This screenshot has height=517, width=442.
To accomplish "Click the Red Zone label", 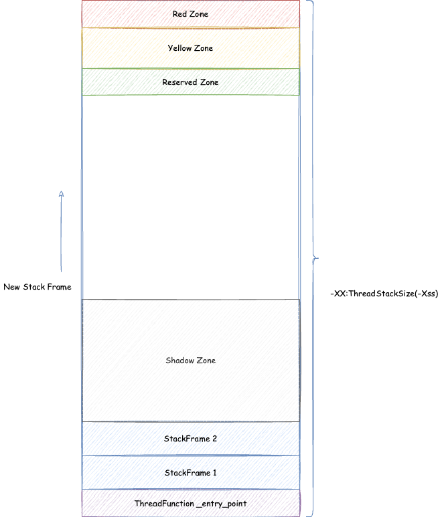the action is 190,14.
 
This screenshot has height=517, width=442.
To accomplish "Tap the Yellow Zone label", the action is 190,48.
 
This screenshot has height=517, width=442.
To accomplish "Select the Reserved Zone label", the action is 190,82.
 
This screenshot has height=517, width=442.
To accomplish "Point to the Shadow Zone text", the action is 190,360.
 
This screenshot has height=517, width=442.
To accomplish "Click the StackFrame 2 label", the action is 190,439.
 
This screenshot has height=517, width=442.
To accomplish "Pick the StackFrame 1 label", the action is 190,473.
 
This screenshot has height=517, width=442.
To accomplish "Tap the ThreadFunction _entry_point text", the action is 190,504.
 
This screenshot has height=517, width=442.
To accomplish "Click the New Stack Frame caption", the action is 38,287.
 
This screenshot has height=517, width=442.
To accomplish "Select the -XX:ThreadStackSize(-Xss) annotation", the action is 384,294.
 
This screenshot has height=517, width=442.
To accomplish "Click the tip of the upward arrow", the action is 61,191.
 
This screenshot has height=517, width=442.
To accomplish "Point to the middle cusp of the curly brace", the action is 318,258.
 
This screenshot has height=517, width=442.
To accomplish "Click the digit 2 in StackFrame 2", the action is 214,439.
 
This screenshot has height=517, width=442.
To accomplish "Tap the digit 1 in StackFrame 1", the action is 214,473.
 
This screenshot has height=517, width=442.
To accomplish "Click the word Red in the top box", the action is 179,14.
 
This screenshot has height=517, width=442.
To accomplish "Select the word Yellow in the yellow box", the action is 179,48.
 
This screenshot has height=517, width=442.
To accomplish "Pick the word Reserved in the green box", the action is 179,82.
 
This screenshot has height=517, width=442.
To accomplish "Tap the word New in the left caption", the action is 11,287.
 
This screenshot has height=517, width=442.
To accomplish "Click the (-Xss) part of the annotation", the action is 427,294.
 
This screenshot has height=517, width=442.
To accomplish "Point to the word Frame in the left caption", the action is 59,287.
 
